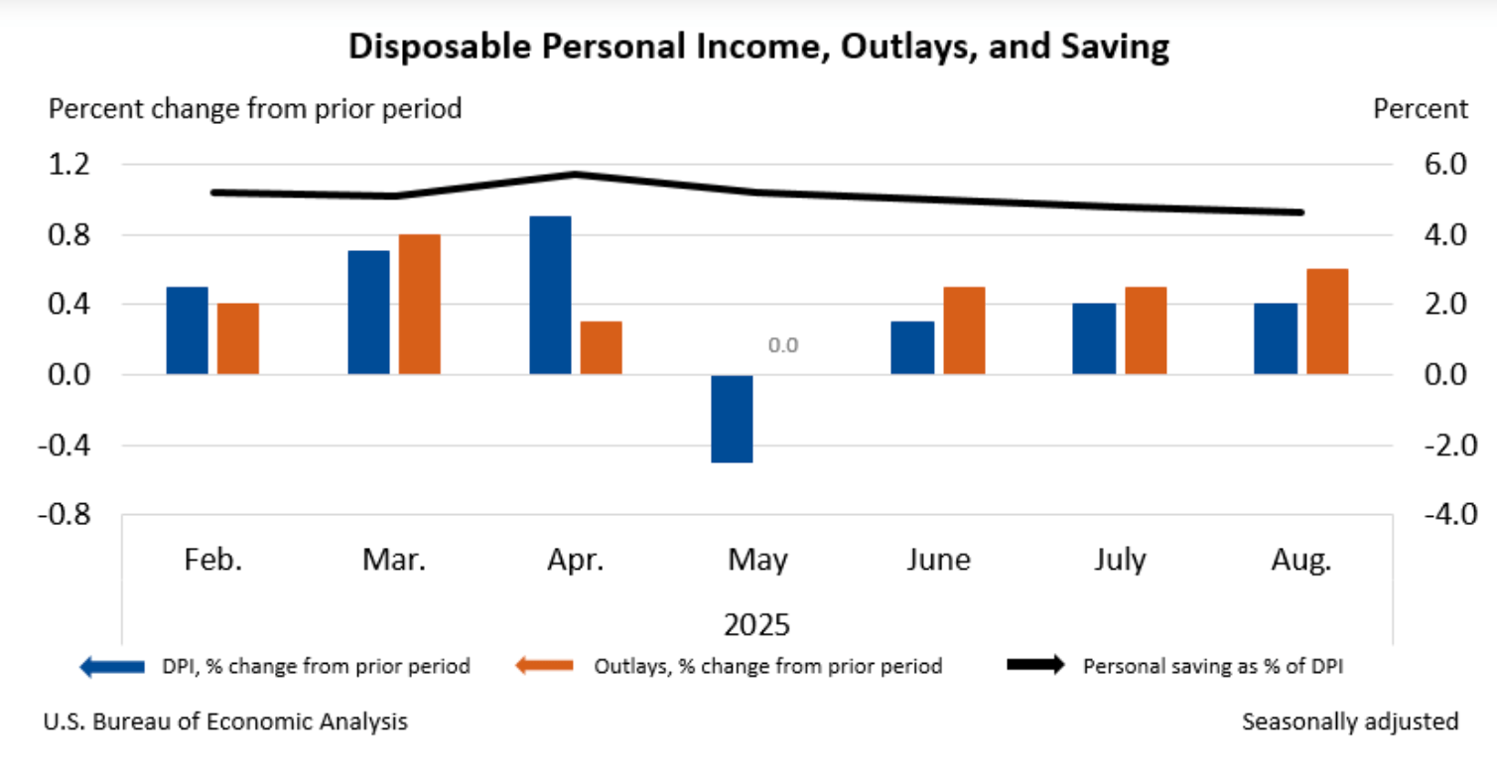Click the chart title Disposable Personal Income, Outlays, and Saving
758,47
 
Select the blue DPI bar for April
550,295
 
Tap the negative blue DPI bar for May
732,418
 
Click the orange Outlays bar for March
419,304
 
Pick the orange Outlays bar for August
1327,322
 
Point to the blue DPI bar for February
187,330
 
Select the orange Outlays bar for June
964,330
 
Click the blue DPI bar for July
1094,338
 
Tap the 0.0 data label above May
782,346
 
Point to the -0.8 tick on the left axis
65,515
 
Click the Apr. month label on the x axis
575,561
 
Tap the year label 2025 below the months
756,625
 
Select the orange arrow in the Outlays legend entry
544,666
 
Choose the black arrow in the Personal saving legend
1034,666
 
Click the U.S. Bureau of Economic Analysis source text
225,721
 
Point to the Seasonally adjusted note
1350,721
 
